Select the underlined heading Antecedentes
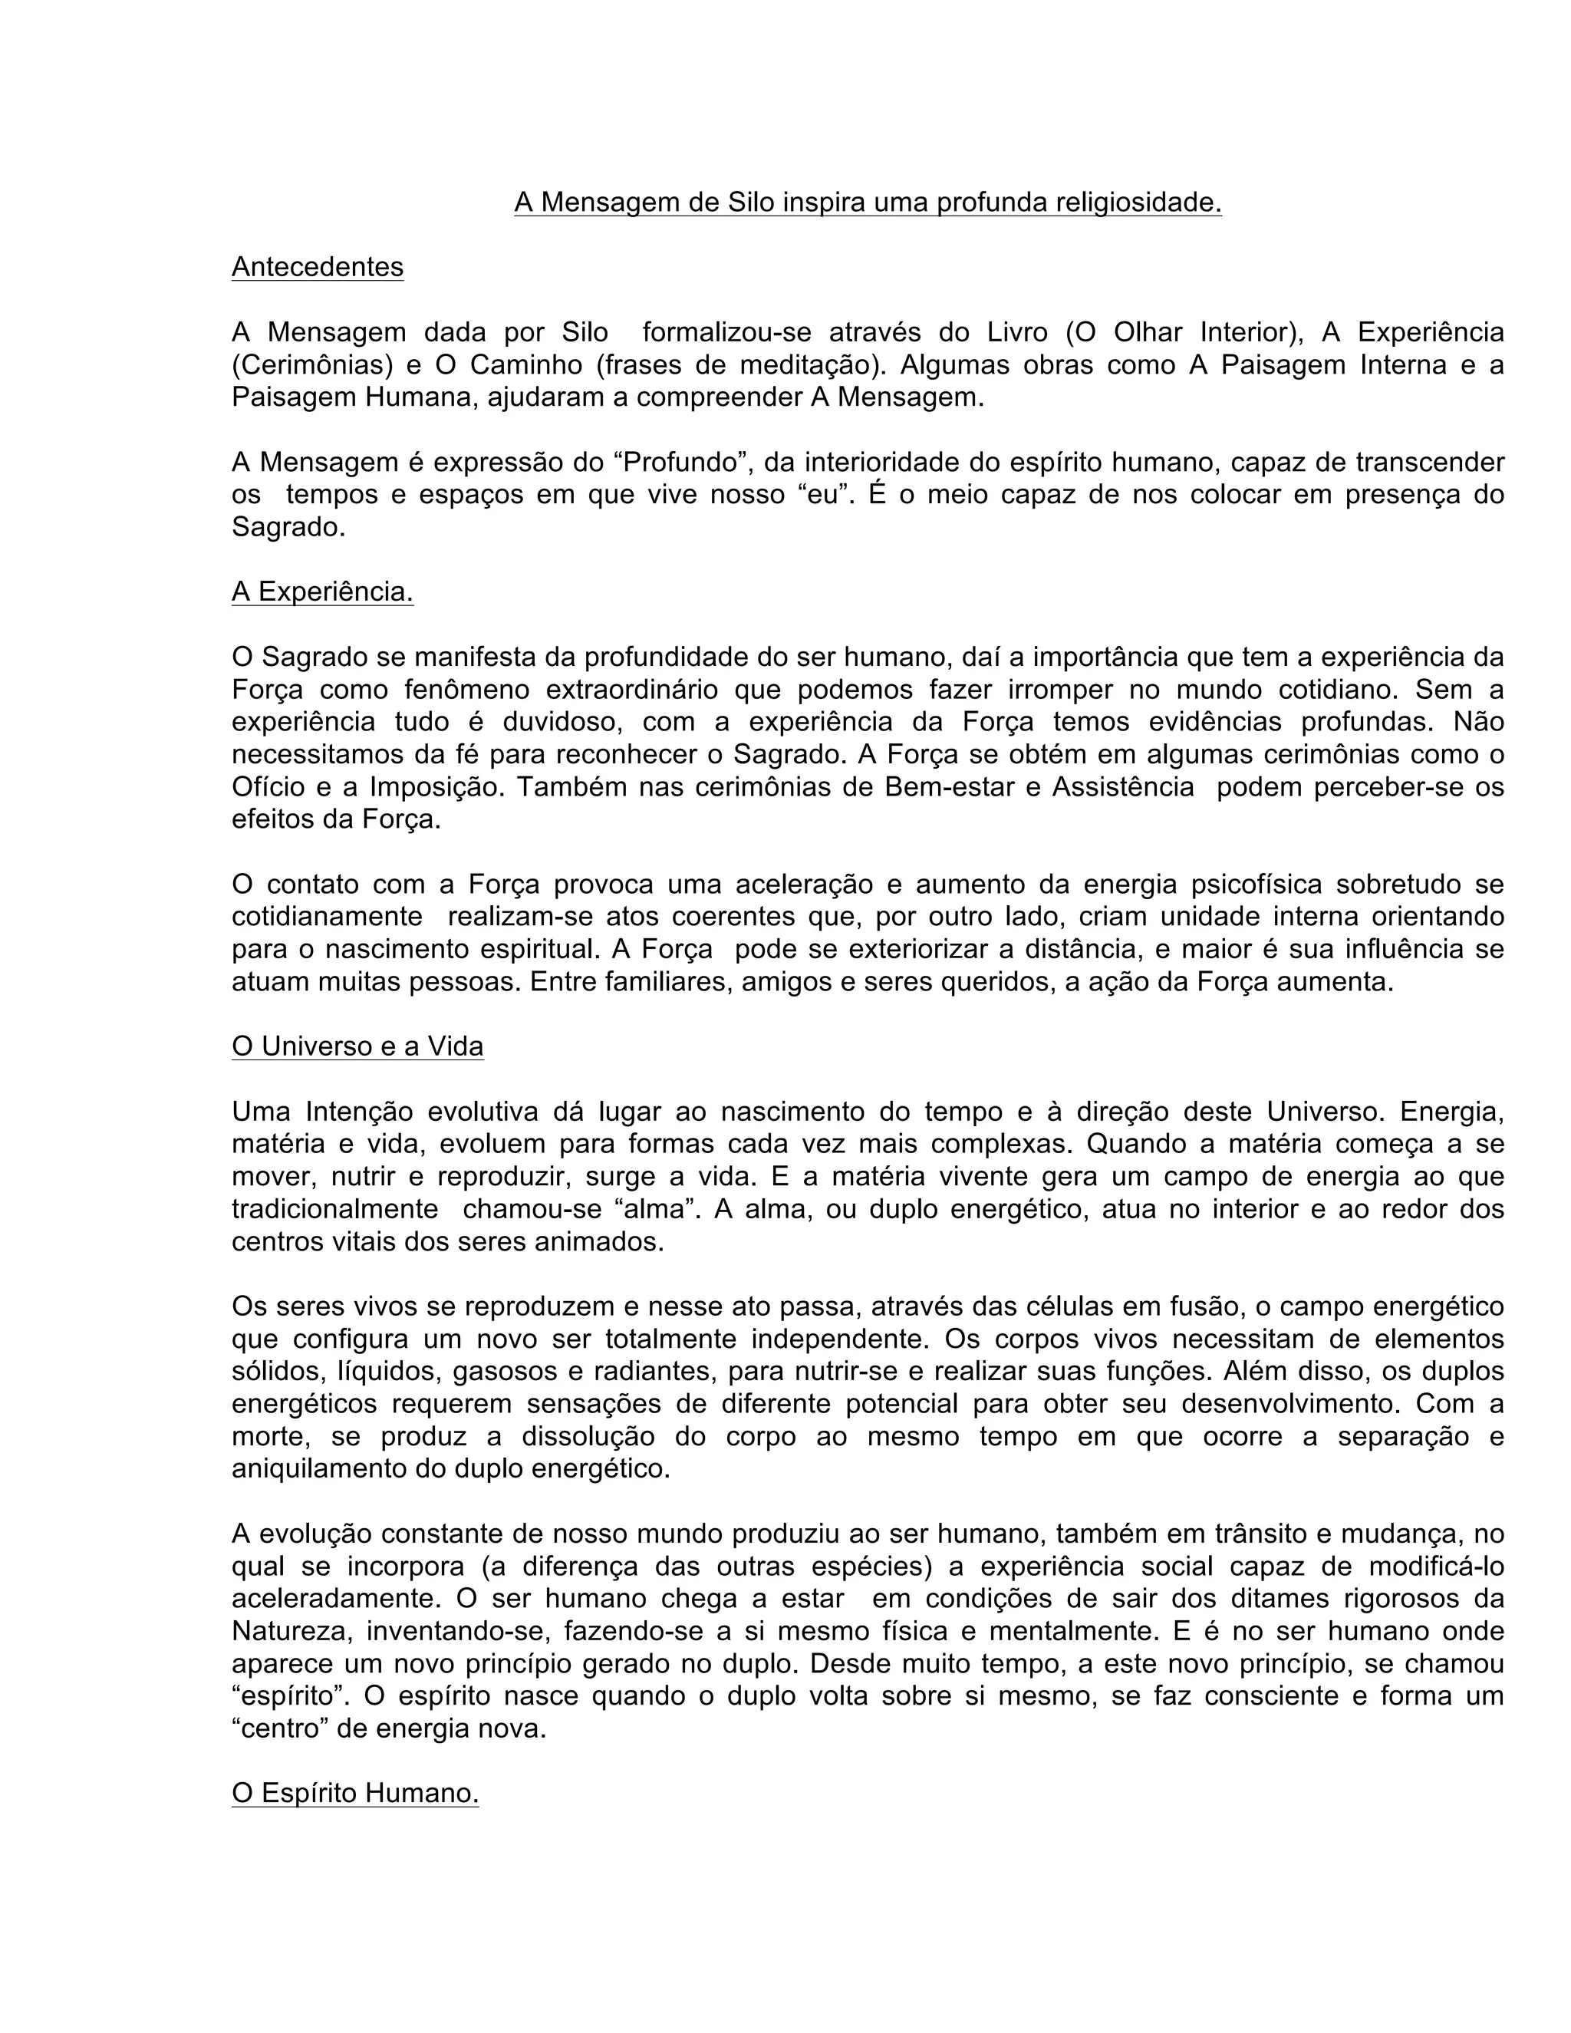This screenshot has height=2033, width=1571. pyautogui.click(x=318, y=267)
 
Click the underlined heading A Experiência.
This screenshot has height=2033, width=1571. pyautogui.click(x=322, y=592)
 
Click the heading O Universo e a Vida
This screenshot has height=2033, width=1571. pyautogui.click(x=357, y=1047)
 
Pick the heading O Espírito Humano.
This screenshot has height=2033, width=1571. pyautogui.click(x=354, y=1794)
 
